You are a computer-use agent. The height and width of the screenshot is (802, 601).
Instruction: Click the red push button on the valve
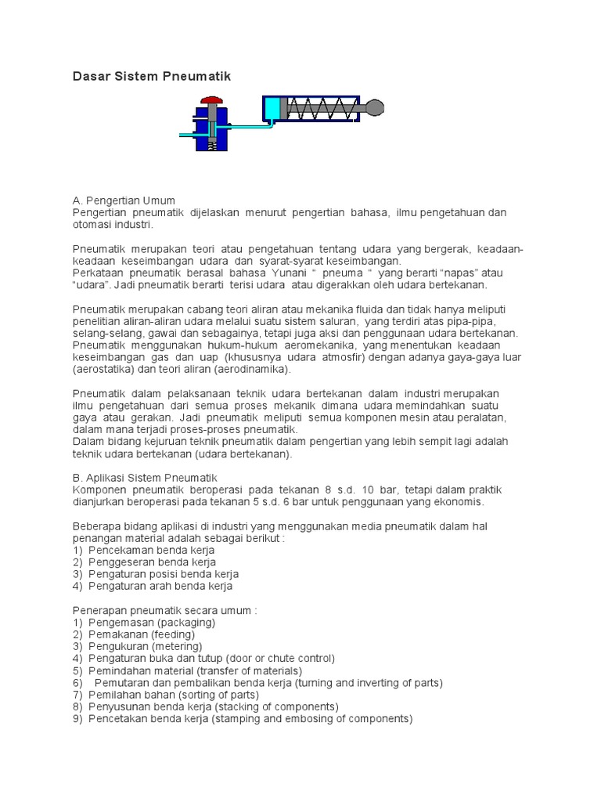pos(211,101)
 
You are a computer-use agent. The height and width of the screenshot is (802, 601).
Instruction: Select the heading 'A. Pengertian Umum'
pos(124,200)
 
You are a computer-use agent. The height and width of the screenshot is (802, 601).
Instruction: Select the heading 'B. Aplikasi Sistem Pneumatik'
pos(145,478)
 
